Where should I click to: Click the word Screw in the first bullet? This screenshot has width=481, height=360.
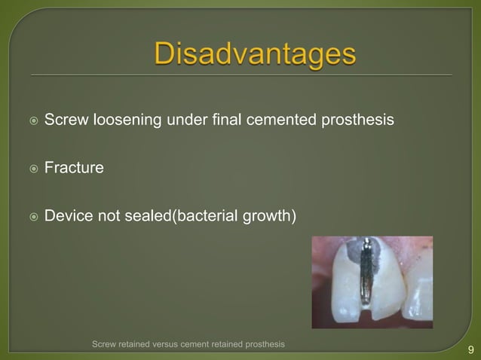pos(66,120)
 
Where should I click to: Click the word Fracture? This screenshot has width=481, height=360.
pos(74,168)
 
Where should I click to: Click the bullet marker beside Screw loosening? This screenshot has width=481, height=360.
pos(29,121)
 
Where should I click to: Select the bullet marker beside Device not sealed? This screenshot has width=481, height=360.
pos(29,217)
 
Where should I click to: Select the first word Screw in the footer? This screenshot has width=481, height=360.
pos(104,344)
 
